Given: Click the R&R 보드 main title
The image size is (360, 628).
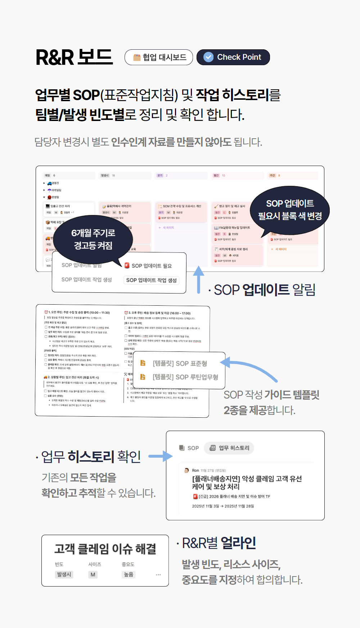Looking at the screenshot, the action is pos(74,57).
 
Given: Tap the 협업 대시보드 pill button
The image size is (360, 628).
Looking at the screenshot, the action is pos(159,57).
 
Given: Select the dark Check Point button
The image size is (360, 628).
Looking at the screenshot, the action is pos(233,57).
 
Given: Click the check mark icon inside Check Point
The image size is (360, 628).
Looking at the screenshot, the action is pos(208,57).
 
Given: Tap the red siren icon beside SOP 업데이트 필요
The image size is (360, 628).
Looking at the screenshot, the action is pos(127,265).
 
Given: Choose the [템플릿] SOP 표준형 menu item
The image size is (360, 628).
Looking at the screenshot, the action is pos(180,363).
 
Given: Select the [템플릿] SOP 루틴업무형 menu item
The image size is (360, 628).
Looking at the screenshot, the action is pos(185,377).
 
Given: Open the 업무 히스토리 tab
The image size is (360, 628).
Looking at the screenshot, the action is pos(229,448).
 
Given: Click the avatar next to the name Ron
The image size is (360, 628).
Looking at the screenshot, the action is pos(186,470).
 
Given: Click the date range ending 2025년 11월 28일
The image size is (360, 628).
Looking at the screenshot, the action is pos(223,506).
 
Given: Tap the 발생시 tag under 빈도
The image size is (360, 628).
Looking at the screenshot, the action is pos(64,574).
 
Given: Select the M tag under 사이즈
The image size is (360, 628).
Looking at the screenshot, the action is pos(93,574).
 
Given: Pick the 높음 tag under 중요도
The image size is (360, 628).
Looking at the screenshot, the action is pos(128,574).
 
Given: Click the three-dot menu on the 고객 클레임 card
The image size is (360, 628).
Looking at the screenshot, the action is pos(158,575).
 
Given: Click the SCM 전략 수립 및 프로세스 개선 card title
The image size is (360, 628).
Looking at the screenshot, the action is pos(182,206).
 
